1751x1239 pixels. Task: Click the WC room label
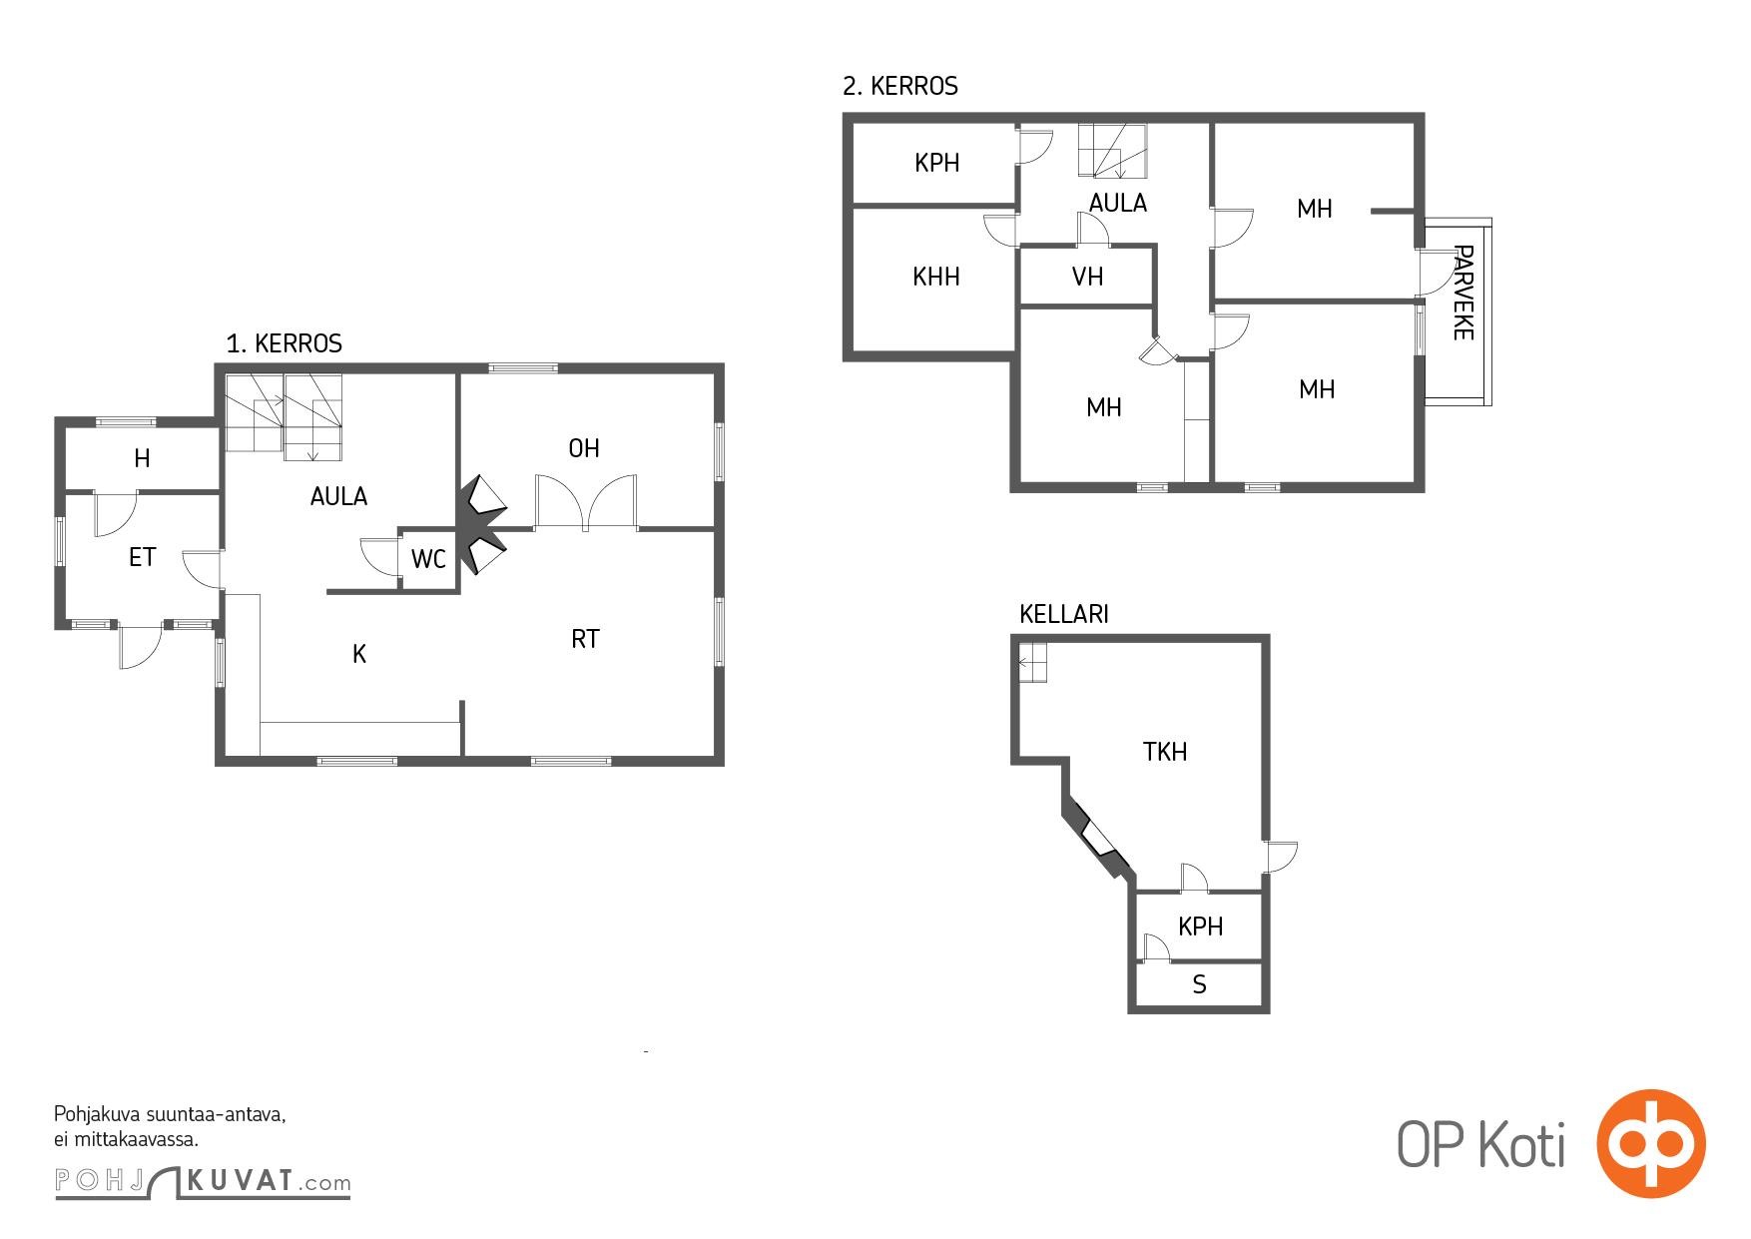click(428, 560)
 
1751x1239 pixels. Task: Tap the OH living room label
click(584, 448)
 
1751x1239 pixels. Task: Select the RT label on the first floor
click(585, 639)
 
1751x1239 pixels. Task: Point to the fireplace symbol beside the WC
click(482, 525)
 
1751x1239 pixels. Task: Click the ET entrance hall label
click(143, 557)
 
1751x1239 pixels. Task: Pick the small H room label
click(142, 458)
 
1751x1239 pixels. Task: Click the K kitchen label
click(359, 654)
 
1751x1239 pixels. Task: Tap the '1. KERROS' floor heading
click(285, 343)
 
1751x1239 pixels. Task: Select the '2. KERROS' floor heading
click(900, 86)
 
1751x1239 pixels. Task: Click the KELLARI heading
click(1064, 614)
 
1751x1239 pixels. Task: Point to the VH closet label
click(1087, 277)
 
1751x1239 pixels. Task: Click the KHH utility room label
click(936, 277)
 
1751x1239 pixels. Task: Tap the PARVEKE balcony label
click(1462, 293)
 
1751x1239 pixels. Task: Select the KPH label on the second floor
click(936, 163)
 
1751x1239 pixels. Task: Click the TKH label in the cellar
click(1165, 752)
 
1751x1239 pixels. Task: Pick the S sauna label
click(1199, 985)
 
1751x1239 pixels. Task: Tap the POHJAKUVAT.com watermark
click(203, 1182)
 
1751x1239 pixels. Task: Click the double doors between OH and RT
click(586, 502)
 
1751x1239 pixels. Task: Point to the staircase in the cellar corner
click(1032, 662)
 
